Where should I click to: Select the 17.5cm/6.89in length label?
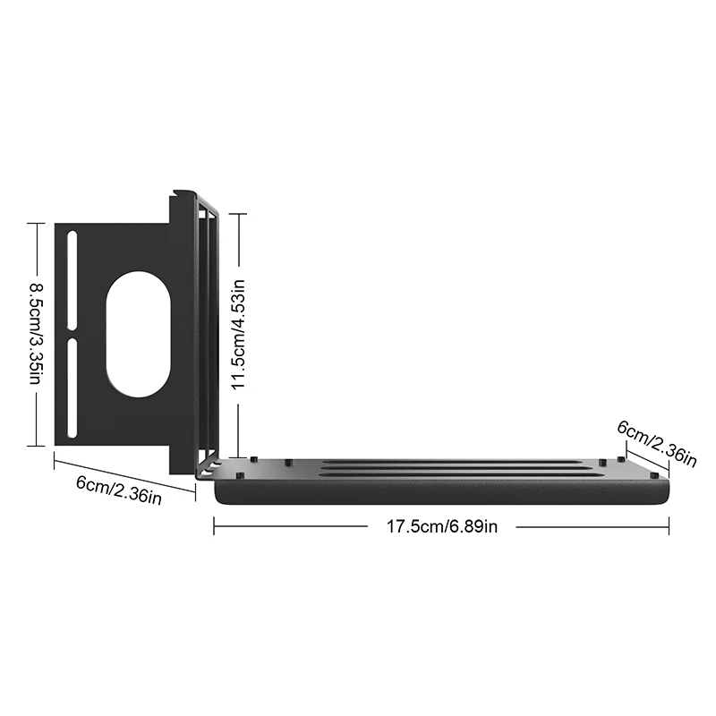[441, 527]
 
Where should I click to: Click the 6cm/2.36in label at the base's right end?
[657, 442]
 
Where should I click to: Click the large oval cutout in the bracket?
[138, 333]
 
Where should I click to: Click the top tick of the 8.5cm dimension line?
[36, 224]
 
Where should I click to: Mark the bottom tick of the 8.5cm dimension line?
[36, 445]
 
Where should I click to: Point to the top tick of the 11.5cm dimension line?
[237, 214]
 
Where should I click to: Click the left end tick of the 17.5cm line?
[214, 527]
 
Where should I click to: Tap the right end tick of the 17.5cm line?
[669, 527]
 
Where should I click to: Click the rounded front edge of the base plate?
[441, 492]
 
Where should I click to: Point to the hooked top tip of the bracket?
[182, 192]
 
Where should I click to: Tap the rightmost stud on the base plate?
[654, 473]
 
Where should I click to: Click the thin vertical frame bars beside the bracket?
[208, 331]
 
